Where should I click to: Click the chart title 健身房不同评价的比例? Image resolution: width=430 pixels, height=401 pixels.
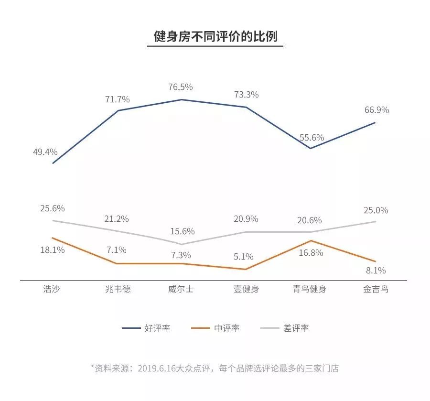tap(215, 37)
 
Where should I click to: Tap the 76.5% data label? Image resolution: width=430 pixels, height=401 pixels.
tap(181, 87)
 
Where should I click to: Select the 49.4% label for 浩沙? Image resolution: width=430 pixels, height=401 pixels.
tap(45, 152)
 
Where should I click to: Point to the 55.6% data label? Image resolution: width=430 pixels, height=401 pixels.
tap(312, 137)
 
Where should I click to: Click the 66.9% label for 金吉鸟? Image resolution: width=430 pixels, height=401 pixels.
tap(376, 110)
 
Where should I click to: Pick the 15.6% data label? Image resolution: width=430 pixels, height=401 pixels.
tap(183, 231)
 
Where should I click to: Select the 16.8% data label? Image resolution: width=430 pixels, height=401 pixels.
tap(311, 253)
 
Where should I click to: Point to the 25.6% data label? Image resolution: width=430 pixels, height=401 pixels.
tap(53, 208)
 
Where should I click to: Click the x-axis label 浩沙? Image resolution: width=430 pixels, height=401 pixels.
tap(52, 289)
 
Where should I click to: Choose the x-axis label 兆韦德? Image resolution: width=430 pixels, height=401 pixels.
tap(118, 289)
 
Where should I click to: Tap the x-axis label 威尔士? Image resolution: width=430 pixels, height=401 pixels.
tap(181, 289)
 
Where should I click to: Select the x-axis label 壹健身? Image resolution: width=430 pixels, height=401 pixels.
tap(246, 289)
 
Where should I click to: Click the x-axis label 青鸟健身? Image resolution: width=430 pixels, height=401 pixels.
tap(309, 289)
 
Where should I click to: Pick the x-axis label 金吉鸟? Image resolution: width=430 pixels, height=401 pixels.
tap(376, 289)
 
